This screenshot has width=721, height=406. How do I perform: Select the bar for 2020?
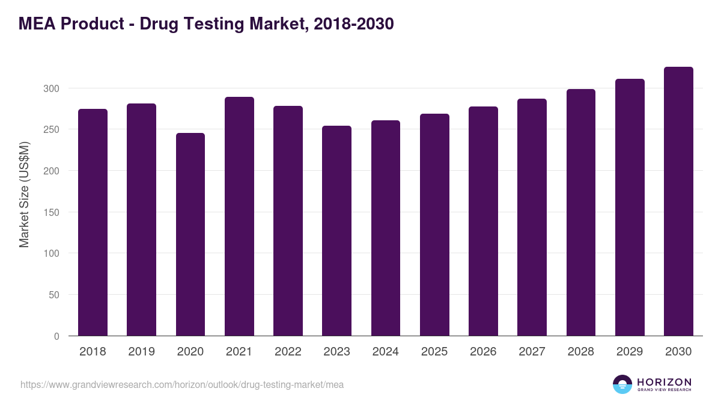190,235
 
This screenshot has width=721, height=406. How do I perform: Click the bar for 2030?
678,201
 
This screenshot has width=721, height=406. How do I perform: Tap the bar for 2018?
93,223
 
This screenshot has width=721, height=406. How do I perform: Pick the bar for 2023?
336,231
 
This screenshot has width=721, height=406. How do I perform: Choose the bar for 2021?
239,217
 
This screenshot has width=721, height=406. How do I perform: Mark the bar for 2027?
532,217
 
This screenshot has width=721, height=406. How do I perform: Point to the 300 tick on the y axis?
52,88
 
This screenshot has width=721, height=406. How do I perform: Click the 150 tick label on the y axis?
52,212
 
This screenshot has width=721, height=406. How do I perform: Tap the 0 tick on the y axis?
56,336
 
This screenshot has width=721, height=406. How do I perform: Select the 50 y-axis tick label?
54,295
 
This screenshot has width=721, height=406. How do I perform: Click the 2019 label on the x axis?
141,352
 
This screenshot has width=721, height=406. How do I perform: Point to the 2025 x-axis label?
434,352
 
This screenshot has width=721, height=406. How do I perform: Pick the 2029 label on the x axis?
630,352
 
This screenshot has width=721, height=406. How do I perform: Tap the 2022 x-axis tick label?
288,352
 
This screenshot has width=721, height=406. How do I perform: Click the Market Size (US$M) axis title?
24,195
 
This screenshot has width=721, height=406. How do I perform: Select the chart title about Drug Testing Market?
206,24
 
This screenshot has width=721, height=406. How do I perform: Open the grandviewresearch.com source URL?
182,384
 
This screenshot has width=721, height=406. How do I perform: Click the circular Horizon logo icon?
622,384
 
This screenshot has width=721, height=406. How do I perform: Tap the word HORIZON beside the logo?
664,382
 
